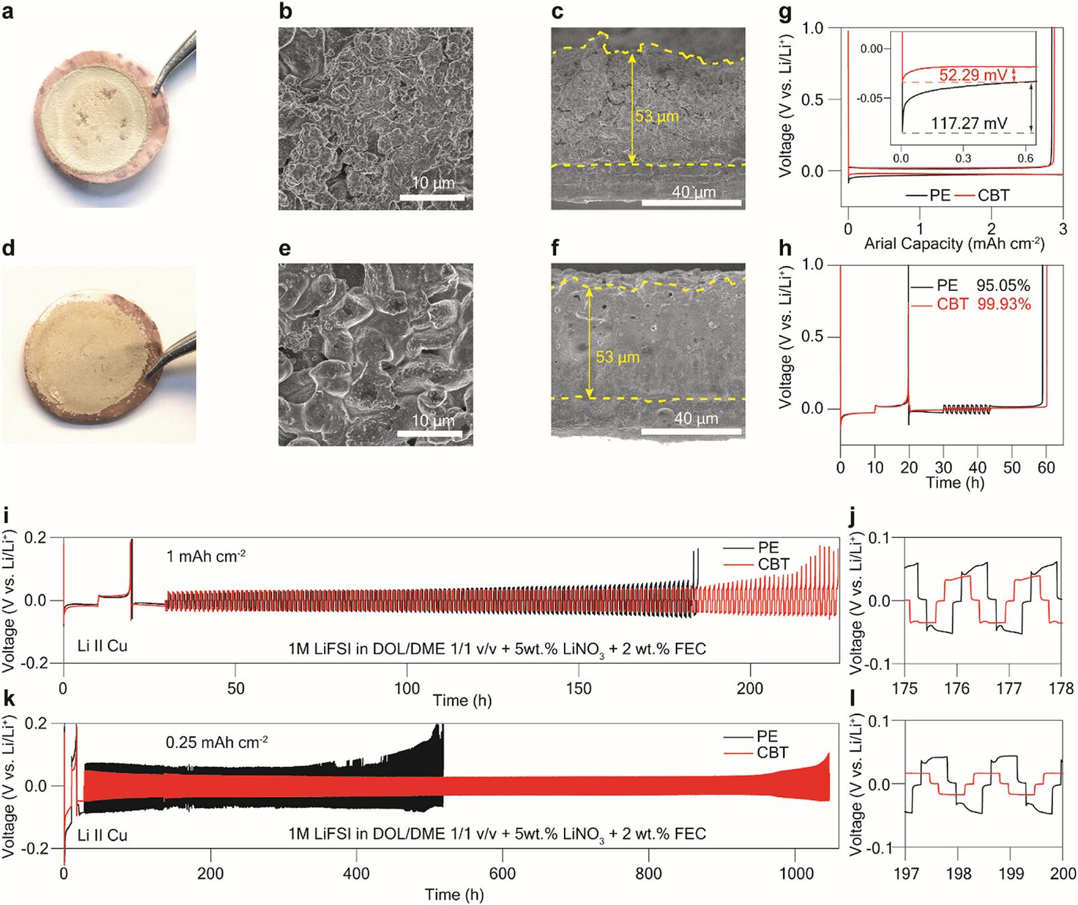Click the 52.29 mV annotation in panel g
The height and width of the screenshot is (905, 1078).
click(x=973, y=75)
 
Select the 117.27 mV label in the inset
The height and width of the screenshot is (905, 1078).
click(x=969, y=123)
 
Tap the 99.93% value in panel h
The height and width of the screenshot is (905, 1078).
click(x=1004, y=304)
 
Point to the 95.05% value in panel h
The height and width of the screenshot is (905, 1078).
click(x=1003, y=286)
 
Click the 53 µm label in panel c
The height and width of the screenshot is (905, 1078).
click(x=657, y=116)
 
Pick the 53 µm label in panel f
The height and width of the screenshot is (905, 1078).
click(x=618, y=357)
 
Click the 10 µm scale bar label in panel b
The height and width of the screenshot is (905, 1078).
click(x=433, y=182)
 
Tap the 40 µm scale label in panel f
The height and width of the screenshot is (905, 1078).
click(x=697, y=418)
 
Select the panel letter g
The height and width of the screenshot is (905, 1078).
click(x=785, y=13)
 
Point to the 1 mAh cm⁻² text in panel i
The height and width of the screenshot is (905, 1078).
click(x=206, y=556)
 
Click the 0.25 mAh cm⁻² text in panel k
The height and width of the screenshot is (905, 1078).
click(x=217, y=742)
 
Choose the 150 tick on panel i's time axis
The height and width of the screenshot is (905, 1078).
click(x=579, y=688)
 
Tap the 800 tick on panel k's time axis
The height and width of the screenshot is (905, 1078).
click(x=649, y=873)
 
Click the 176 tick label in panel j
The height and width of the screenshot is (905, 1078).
click(x=957, y=688)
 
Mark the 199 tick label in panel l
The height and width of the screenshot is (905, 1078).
click(x=1011, y=873)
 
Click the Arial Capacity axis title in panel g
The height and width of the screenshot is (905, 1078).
click(x=955, y=243)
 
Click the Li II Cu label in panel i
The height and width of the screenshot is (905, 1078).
click(x=102, y=646)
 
